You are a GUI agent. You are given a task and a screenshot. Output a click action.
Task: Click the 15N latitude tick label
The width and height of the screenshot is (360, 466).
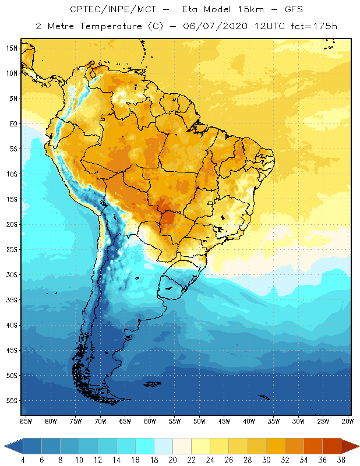[x=12, y=48]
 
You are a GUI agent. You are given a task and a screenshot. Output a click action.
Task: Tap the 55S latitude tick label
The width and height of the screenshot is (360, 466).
[x=12, y=401]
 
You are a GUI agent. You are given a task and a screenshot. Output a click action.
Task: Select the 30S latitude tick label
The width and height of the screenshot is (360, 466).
[x=12, y=274]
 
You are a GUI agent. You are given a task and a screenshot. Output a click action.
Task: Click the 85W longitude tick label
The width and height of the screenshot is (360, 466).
[x=26, y=421]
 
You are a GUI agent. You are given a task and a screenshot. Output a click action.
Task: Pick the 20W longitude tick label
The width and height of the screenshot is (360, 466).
[x=347, y=421]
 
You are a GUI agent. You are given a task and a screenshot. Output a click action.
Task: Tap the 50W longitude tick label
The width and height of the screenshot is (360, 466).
[x=199, y=421]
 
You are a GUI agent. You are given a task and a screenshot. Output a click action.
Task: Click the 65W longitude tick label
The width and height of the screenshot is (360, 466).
[x=125, y=421]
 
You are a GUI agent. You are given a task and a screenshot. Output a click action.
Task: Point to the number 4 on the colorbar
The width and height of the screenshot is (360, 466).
[x=23, y=460]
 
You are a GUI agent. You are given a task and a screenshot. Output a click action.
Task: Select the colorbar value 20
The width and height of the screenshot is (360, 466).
[x=172, y=460]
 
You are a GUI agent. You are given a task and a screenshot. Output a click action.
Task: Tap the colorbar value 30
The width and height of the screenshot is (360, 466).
[x=266, y=460]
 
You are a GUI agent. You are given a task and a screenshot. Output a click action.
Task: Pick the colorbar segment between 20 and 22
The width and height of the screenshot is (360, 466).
[x=182, y=446]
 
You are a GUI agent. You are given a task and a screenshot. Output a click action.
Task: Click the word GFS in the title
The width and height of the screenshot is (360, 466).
[x=291, y=10]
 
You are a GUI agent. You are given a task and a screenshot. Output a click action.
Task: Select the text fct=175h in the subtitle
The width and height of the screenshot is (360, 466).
[x=313, y=26]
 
